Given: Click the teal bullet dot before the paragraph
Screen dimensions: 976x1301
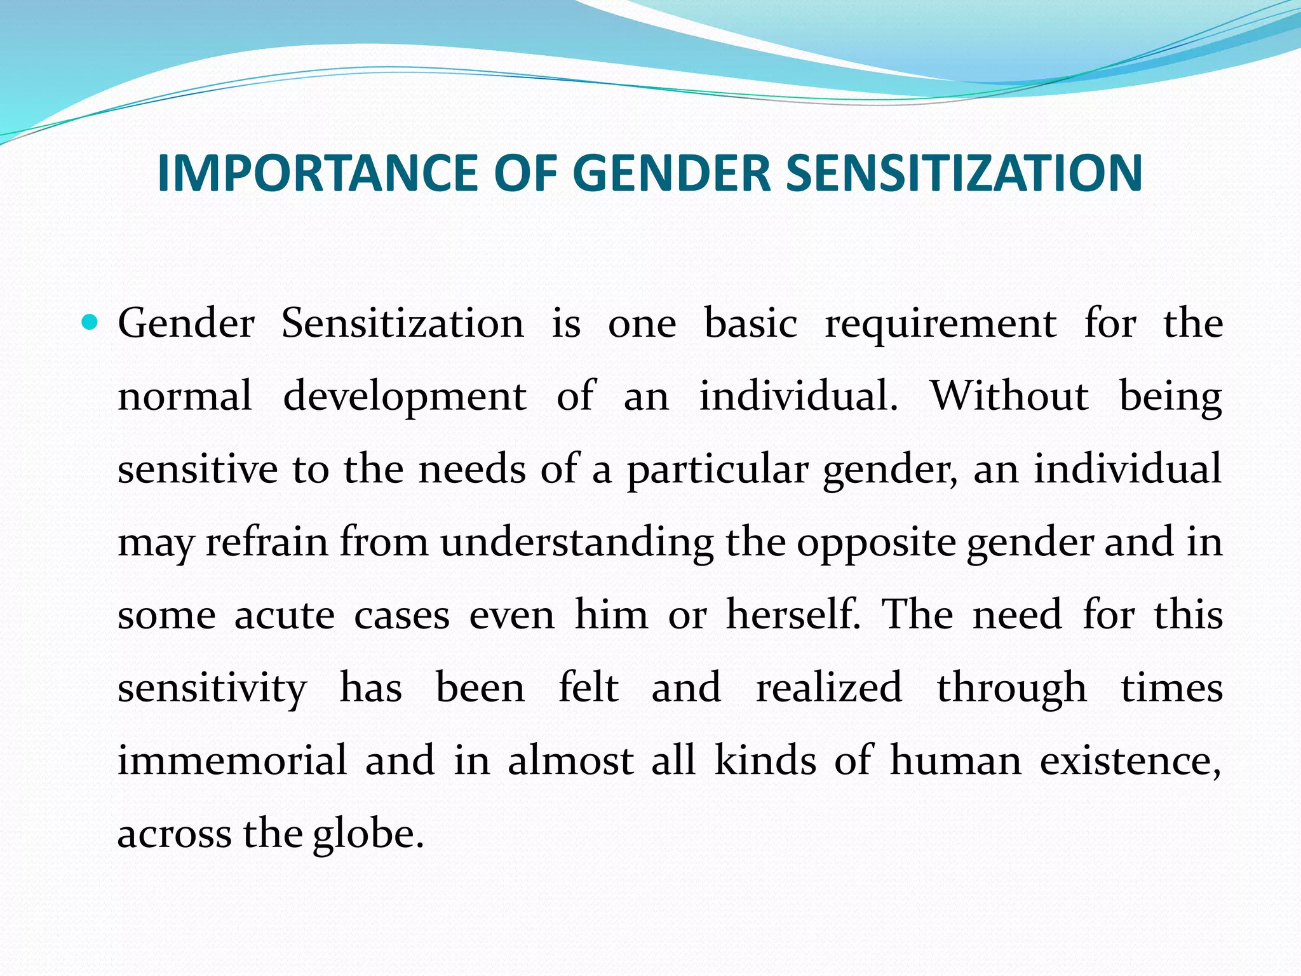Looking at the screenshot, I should pyautogui.click(x=91, y=323).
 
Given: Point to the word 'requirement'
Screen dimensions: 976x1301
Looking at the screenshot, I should pyautogui.click(x=941, y=324).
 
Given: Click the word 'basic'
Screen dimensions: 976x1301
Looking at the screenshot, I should pyautogui.click(x=751, y=324).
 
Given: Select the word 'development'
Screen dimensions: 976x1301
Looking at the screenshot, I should pyautogui.click(x=405, y=397).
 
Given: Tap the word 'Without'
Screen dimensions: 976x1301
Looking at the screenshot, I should pyautogui.click(x=1009, y=396).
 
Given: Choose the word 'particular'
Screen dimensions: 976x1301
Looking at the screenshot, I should pyautogui.click(x=717, y=471).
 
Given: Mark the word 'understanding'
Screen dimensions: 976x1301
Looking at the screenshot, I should pyautogui.click(x=577, y=544).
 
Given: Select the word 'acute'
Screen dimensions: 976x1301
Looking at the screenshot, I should pyautogui.click(x=284, y=616).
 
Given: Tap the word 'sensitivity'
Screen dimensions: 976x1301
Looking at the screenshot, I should pyautogui.click(x=212, y=689).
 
